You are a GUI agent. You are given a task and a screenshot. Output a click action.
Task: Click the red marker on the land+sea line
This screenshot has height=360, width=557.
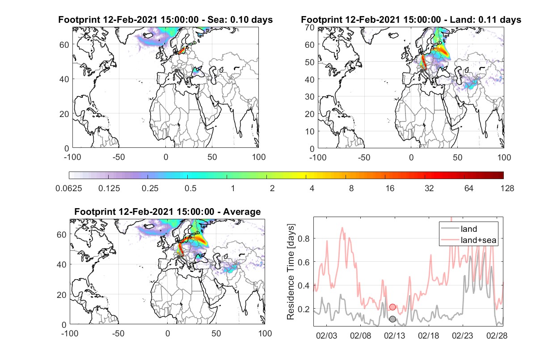pos(392,307)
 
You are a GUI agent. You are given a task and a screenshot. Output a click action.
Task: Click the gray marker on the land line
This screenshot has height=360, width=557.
pos(392,319)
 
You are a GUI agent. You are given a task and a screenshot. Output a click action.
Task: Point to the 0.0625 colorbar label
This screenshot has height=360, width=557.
pos(69,188)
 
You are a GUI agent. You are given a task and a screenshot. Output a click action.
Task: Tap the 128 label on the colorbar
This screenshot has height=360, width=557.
pos(507,188)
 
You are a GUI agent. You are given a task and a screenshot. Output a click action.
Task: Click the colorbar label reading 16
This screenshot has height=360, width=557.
pos(390,188)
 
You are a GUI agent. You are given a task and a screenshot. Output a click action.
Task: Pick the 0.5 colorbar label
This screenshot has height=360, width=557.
pos(190,188)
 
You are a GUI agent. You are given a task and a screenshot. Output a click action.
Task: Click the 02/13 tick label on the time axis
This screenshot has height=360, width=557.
pos(395,336)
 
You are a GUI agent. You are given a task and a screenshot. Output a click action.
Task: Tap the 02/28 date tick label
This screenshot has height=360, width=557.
pos(497,336)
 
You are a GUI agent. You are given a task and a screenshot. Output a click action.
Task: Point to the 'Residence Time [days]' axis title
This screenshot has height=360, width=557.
pos(291,272)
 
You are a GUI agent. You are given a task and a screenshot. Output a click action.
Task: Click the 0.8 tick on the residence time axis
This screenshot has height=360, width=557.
pos(304,239)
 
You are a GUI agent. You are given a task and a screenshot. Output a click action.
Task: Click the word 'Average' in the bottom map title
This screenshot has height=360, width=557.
pos(242,212)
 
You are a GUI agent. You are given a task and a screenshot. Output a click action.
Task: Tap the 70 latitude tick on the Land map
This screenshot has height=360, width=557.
pos(310,27)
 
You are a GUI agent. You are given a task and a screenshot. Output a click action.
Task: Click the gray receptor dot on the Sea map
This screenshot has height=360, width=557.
pos(176,71)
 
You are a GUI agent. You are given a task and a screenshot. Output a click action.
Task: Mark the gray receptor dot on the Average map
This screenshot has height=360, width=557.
pos(179,257)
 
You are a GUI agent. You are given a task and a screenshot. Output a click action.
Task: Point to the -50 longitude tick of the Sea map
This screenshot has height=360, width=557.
pos(118,157)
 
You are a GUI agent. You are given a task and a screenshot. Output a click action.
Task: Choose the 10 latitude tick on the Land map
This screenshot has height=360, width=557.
pos(310,131)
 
